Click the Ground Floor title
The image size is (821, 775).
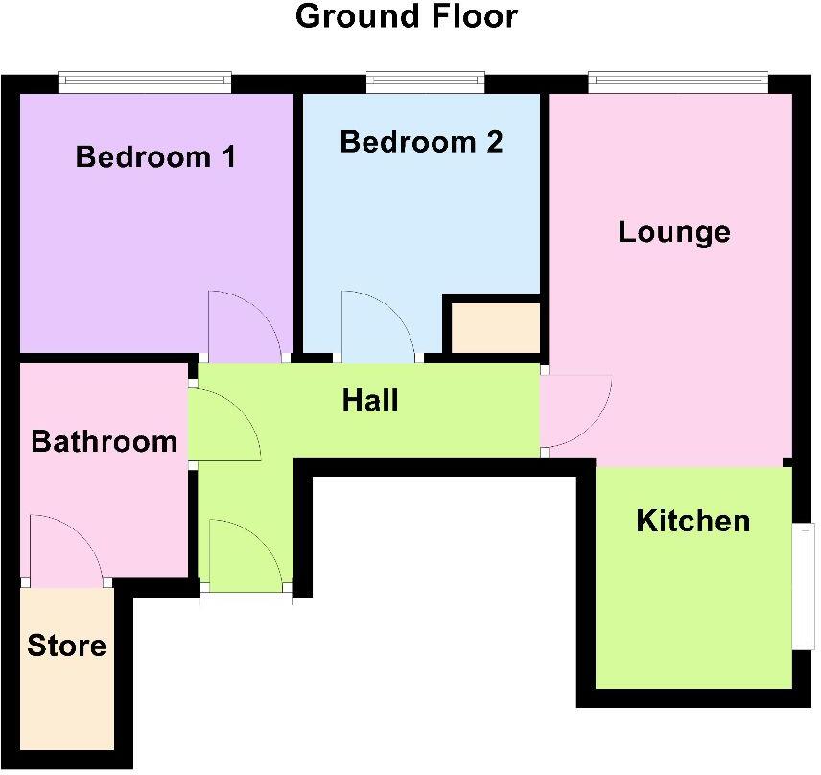(407, 16)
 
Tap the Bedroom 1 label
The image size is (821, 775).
(156, 156)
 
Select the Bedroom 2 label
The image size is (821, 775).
(421, 143)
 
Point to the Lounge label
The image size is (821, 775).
(674, 232)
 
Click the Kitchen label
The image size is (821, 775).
(693, 521)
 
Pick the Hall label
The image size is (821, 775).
(370, 400)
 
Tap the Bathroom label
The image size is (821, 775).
(104, 441)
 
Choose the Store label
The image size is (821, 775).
(66, 646)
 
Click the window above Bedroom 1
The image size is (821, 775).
(144, 82)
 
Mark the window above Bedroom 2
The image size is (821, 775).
(424, 82)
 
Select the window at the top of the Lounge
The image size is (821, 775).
(678, 82)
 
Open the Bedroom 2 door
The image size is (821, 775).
(378, 326)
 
